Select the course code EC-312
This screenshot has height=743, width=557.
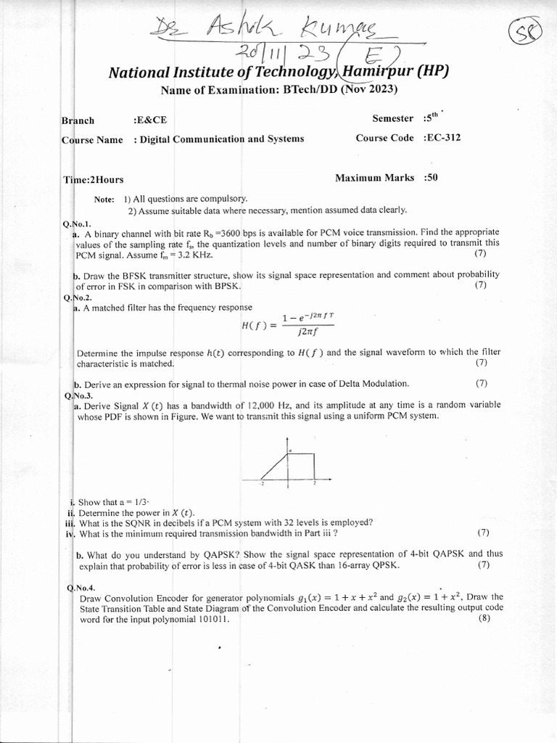[x=443, y=137]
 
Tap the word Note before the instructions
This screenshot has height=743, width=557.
[x=104, y=199]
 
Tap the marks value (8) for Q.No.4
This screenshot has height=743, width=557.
[x=484, y=619]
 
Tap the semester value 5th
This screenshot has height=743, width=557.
[x=431, y=117]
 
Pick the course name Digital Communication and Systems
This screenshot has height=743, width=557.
[x=222, y=139]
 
